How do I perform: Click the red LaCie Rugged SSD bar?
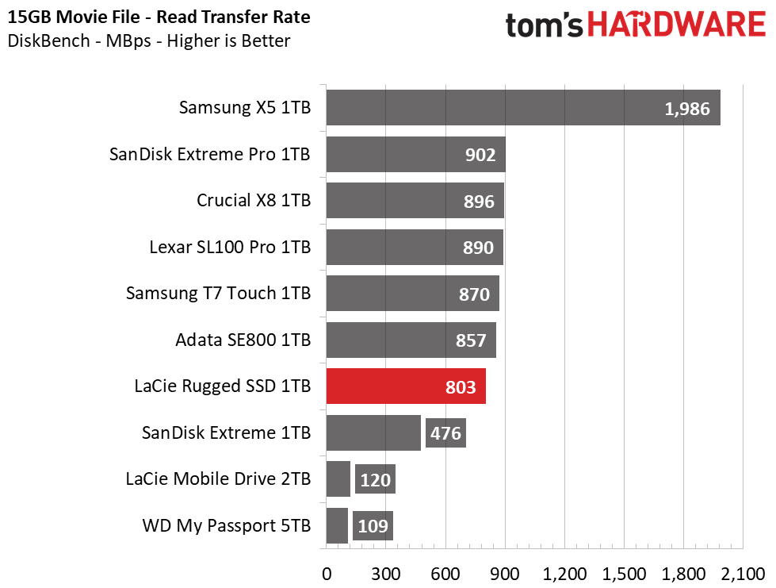[x=406, y=386]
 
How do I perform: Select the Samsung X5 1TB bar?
[x=523, y=107]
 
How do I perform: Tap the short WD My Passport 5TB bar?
[x=337, y=525]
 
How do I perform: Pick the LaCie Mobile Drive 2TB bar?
[x=338, y=479]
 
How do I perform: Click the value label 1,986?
[x=687, y=109]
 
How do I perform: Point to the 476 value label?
[x=445, y=433]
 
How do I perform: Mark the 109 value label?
[x=373, y=526]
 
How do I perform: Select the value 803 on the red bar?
[x=461, y=387]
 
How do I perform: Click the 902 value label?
[x=480, y=155]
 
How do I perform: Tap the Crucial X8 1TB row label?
[x=254, y=201]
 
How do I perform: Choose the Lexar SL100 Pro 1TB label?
[x=230, y=248]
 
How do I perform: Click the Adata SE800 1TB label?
[x=243, y=340]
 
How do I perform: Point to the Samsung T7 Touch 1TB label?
[x=218, y=294]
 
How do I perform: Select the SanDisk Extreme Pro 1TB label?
[x=210, y=155]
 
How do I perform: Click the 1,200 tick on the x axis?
[x=564, y=575]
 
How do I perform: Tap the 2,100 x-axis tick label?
[x=744, y=575]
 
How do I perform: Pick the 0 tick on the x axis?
[x=327, y=575]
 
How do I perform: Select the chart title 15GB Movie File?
[x=74, y=17]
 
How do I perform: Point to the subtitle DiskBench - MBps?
[x=79, y=40]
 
